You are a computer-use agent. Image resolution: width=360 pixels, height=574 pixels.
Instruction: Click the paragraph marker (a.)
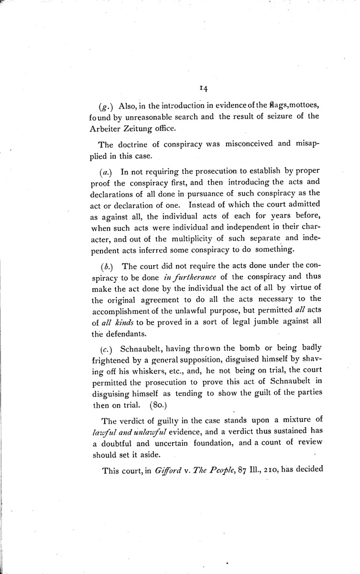coord(107,171)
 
